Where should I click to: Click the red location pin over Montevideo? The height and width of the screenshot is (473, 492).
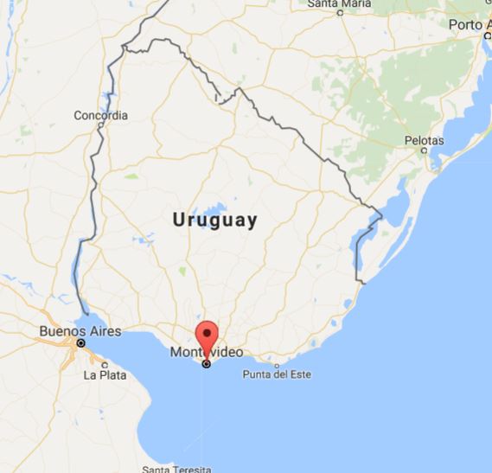206,334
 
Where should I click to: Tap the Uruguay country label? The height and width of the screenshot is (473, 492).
215,221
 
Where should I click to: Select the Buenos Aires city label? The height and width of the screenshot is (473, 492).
81,331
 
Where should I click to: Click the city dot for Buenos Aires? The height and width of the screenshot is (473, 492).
80,344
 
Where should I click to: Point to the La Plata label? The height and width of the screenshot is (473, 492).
105,375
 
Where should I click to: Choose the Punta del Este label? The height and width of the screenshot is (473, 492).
277,374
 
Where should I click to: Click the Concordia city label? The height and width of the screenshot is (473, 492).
101,115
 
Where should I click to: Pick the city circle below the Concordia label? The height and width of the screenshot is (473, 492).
101,126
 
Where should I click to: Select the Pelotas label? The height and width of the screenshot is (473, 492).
424,140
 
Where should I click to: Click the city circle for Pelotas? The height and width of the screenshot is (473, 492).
425,150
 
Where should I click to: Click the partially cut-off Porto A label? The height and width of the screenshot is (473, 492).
470,25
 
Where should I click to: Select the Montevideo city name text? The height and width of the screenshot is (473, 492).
206,353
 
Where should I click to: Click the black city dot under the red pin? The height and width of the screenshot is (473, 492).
206,364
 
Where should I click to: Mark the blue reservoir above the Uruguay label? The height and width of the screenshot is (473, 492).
210,208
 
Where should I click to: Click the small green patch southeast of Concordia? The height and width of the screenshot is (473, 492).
131,176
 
